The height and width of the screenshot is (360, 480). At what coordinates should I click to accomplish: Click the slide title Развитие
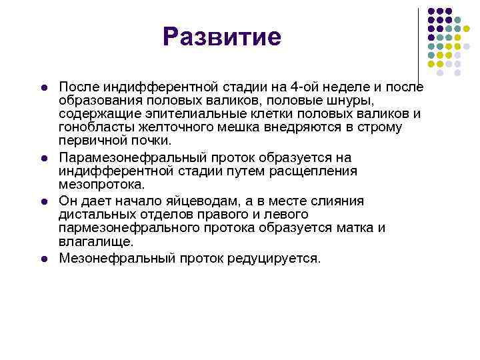point(223,37)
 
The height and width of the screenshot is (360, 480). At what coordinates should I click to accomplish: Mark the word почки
point(151,141)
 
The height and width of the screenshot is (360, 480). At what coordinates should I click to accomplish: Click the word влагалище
point(96,241)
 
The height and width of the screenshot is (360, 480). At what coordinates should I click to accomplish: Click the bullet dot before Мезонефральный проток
point(42,258)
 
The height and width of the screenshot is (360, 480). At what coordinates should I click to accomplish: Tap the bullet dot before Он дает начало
point(42,201)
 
